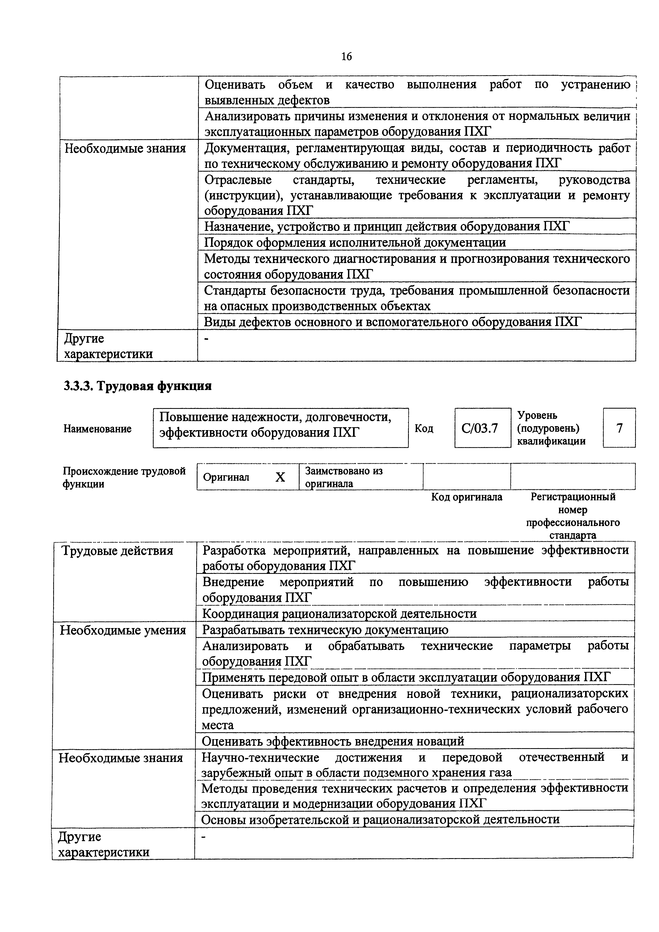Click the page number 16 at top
point(346,56)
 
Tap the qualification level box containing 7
point(619,428)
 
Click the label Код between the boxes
point(424,429)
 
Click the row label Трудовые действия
point(117,551)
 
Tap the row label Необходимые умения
point(123,630)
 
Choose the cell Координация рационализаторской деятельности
point(339,614)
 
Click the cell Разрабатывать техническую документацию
point(325,630)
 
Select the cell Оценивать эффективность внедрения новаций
point(333,741)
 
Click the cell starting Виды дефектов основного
point(392,322)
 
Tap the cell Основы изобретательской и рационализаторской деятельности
point(380,819)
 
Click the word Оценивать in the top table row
point(235,84)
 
